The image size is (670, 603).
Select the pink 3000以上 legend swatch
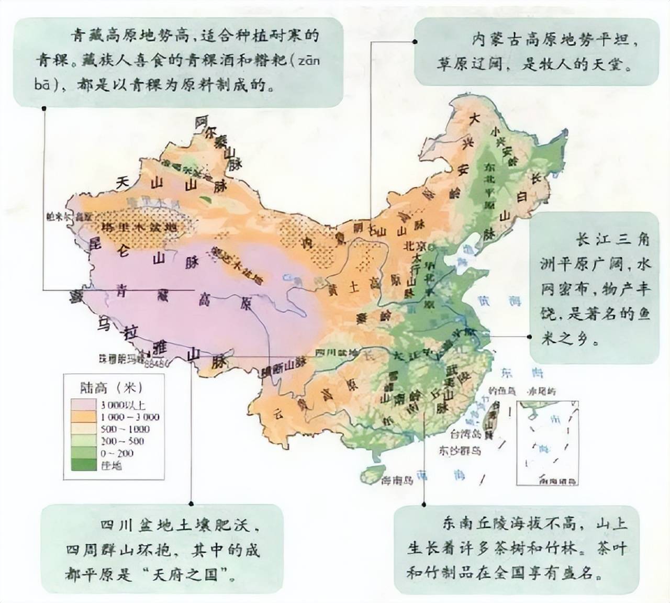click(83, 405)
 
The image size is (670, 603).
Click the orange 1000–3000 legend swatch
click(83, 417)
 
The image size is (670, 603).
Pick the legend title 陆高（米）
click(111, 388)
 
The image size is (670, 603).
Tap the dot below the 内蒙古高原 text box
click(415, 41)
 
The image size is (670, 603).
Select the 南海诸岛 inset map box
click(548, 443)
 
